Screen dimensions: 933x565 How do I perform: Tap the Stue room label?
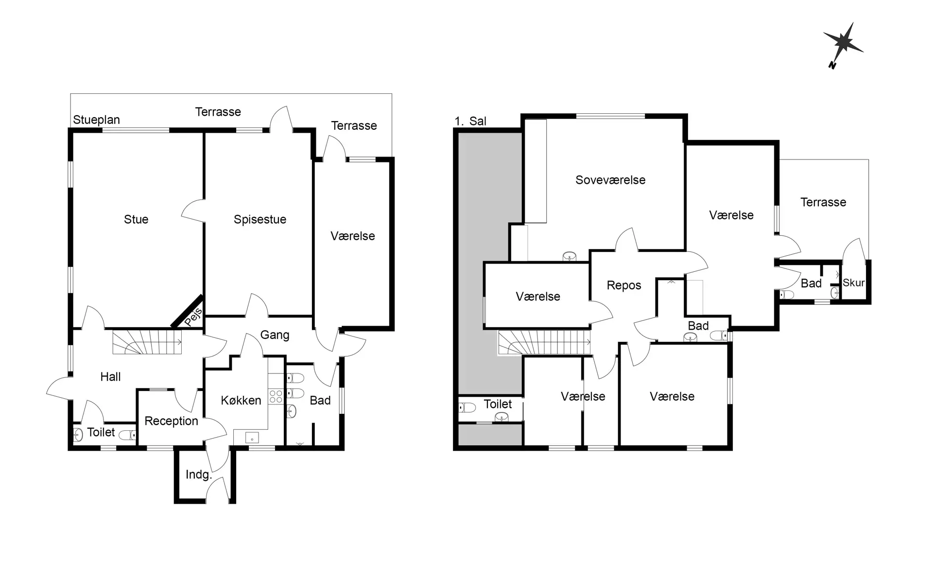(x=136, y=219)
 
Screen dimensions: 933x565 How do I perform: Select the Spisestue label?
(x=260, y=219)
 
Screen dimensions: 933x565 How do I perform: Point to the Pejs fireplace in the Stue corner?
(x=190, y=313)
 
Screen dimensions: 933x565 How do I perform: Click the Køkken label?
(x=241, y=400)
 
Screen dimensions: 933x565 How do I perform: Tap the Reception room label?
(x=172, y=421)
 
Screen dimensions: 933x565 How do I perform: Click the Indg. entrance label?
(x=199, y=475)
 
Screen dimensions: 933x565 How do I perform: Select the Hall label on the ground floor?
(x=111, y=377)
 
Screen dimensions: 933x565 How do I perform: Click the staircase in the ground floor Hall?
(x=147, y=342)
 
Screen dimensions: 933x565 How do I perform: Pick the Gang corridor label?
(x=275, y=335)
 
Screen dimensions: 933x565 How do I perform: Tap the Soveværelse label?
(x=610, y=180)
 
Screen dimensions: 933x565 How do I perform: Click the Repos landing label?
(x=624, y=285)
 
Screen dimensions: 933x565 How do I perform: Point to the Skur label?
(x=854, y=282)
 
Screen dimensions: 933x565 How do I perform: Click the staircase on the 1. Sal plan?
(x=545, y=342)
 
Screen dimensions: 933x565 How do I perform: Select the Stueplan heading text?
(x=96, y=120)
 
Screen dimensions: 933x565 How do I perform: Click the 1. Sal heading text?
(x=470, y=121)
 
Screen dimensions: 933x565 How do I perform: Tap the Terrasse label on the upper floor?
(x=823, y=202)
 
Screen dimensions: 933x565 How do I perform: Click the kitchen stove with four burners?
(x=276, y=396)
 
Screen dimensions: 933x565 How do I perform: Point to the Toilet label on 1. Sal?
(x=498, y=404)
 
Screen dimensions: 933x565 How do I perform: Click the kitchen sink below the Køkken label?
(x=252, y=438)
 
